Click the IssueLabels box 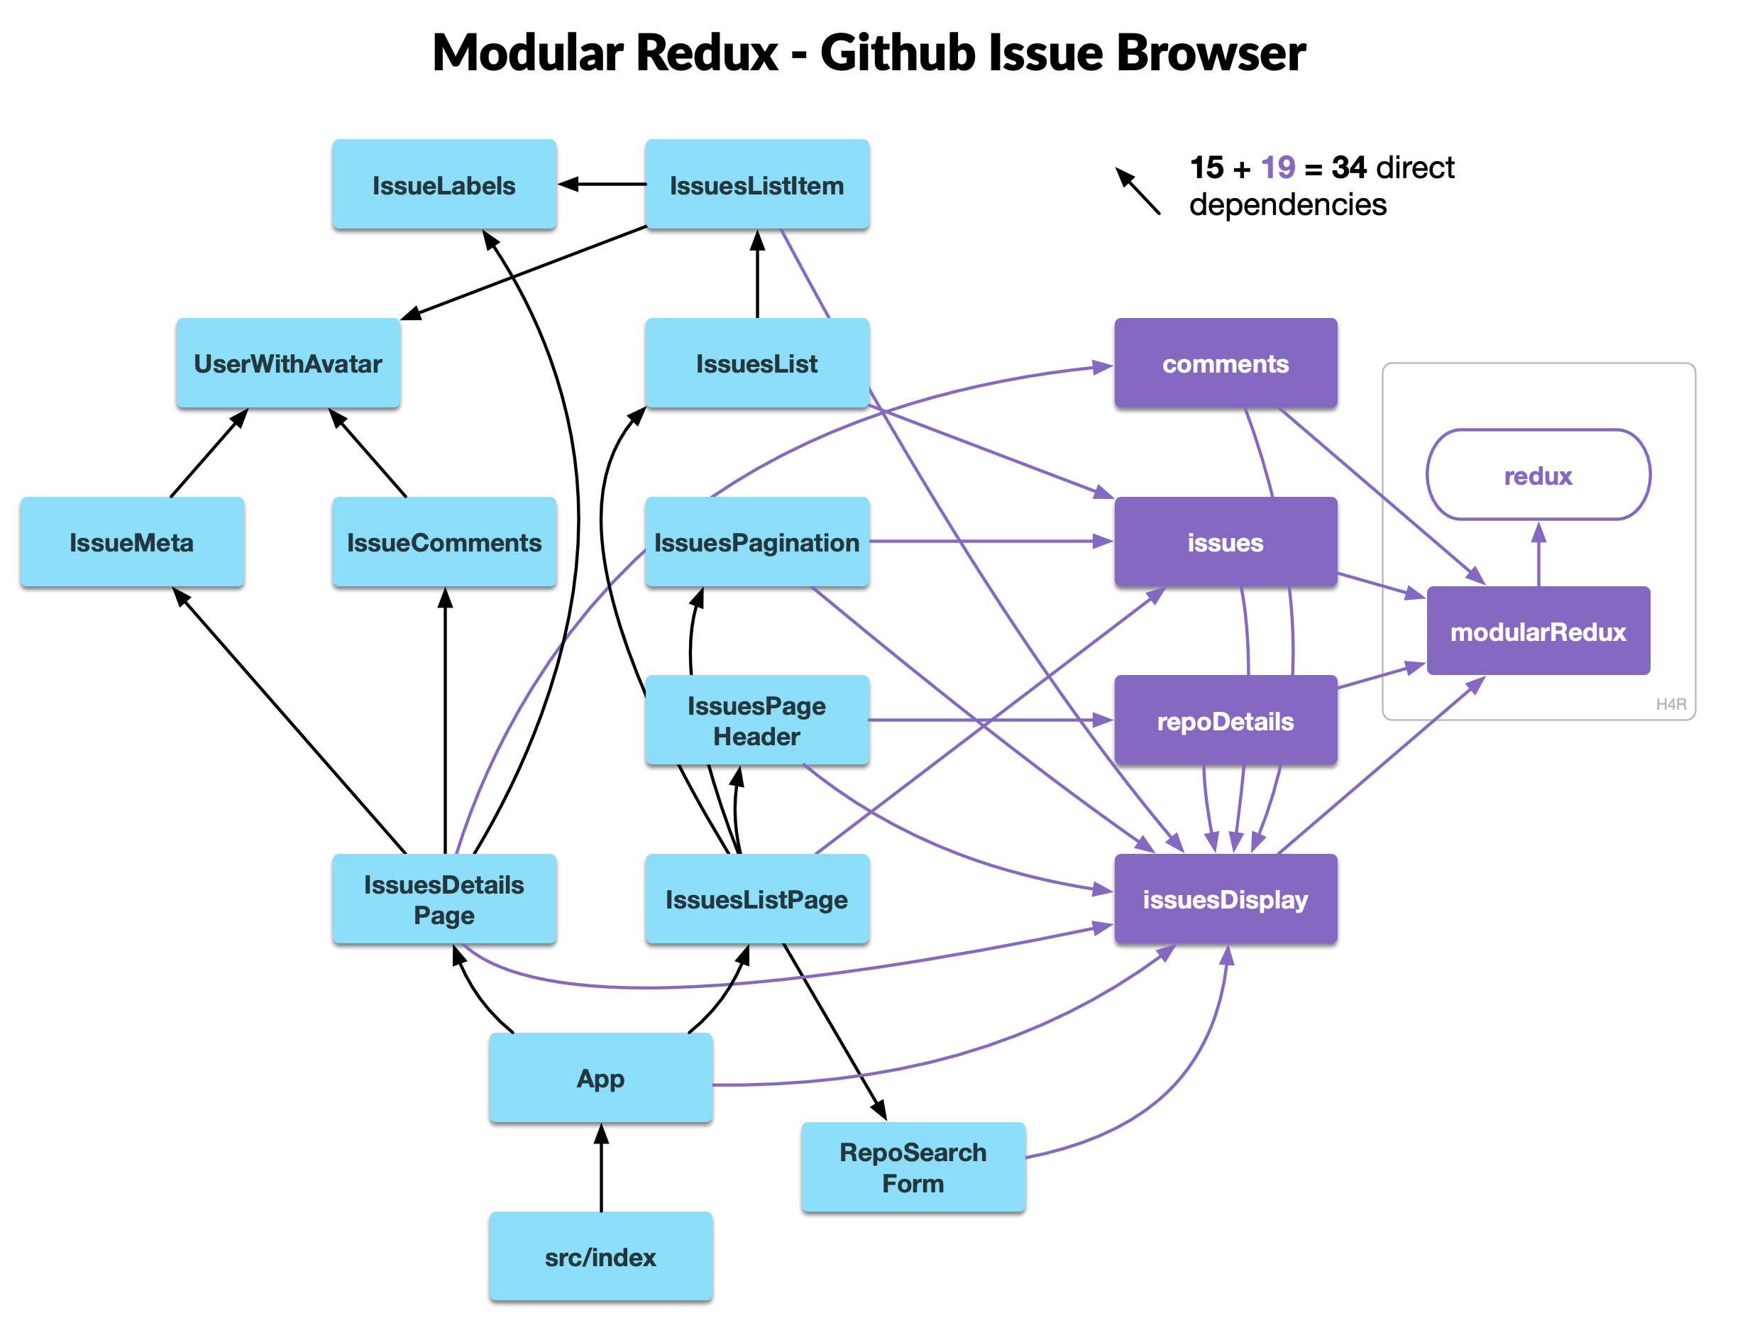tap(444, 185)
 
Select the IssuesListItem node tap(756, 185)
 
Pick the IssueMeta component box tap(131, 542)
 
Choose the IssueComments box tap(444, 542)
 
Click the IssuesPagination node tap(756, 542)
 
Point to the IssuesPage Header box tap(756, 720)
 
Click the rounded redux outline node tap(1538, 476)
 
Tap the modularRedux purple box tap(1538, 632)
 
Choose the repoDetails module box tap(1225, 720)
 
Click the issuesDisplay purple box tap(1225, 899)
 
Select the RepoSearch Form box tap(913, 1167)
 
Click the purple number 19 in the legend tap(1277, 168)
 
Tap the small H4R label tap(1670, 704)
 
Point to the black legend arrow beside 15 tap(1138, 191)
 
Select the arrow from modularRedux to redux tap(1538, 554)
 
